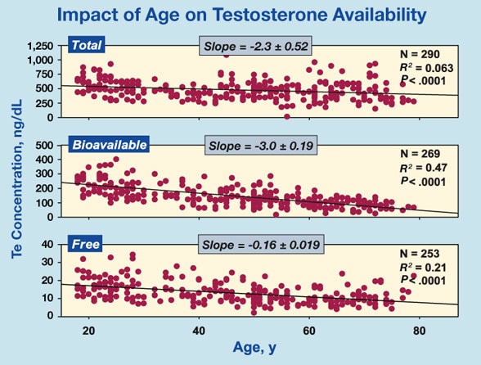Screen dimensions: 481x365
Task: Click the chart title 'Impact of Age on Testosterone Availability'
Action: (x=242, y=15)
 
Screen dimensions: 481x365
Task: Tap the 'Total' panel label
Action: (x=87, y=45)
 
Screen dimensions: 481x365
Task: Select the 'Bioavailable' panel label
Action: (x=109, y=144)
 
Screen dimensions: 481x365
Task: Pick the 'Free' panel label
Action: (x=85, y=244)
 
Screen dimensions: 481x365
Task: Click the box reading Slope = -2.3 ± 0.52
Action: (x=256, y=46)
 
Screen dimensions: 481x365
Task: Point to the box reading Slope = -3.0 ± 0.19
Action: (x=261, y=145)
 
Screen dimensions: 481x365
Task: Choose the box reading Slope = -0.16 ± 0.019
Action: (x=261, y=245)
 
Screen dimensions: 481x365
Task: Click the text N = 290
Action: (x=420, y=54)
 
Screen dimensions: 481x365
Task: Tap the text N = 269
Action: (x=420, y=154)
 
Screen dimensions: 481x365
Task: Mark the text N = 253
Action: (x=420, y=254)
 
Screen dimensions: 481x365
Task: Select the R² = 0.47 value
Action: (x=424, y=168)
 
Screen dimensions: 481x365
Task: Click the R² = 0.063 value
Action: (x=426, y=68)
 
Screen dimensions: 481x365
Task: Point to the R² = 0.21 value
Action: (x=423, y=267)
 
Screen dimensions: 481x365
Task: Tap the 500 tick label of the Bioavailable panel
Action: (x=45, y=145)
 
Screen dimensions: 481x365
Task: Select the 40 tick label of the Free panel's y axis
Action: (x=47, y=245)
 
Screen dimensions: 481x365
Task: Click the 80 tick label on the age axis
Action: (x=419, y=331)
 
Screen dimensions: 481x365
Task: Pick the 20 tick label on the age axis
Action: (x=89, y=331)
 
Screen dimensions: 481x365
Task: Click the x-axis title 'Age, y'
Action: (x=254, y=347)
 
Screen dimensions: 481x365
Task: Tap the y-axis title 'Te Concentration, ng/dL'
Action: (x=17, y=178)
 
